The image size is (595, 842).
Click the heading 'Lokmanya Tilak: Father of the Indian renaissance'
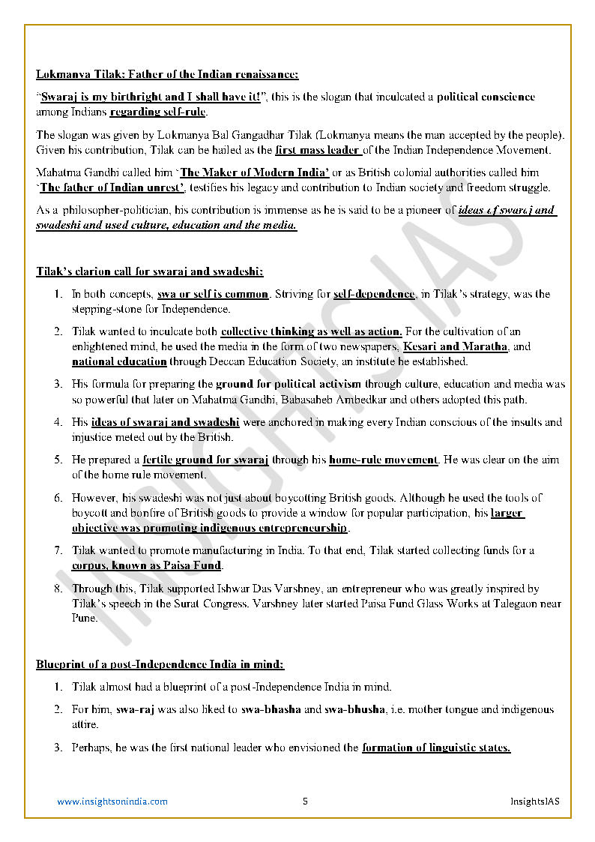[x=167, y=74]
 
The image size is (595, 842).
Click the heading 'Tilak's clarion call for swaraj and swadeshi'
[x=150, y=271]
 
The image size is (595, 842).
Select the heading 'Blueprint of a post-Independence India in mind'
[x=160, y=664]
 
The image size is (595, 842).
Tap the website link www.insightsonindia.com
[x=112, y=802]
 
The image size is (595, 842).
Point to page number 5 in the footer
[x=305, y=802]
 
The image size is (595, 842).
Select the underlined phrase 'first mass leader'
[x=318, y=150]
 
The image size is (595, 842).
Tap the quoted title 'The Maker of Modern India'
[x=255, y=172]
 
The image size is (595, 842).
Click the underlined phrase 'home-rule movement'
[x=383, y=460]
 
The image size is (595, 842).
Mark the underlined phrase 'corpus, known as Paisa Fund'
[x=147, y=565]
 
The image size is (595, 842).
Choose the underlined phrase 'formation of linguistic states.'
[x=436, y=748]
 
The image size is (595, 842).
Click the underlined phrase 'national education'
[x=119, y=361]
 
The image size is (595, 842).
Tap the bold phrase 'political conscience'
[x=486, y=97]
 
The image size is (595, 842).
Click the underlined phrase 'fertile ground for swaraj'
[x=205, y=460]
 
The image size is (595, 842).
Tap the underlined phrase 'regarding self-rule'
[x=158, y=112]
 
